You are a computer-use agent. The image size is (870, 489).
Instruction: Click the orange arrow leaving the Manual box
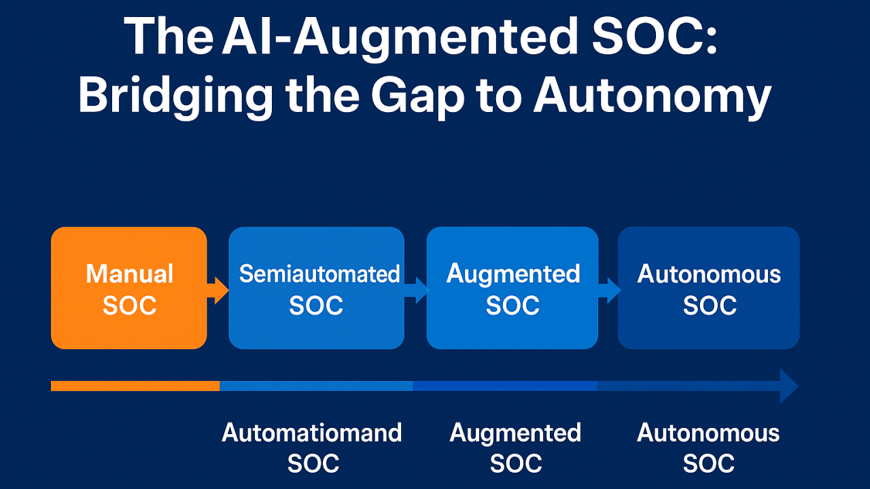coord(218,290)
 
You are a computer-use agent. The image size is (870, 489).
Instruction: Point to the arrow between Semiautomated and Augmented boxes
coord(416,290)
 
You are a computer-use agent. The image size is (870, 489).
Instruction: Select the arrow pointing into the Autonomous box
coord(609,290)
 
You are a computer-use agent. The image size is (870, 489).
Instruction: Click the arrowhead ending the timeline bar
coord(788,386)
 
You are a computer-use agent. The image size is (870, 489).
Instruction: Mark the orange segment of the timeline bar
coord(135,386)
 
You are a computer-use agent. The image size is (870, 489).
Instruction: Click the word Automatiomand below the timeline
coord(312,433)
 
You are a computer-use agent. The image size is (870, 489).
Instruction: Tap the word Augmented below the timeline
coord(515,433)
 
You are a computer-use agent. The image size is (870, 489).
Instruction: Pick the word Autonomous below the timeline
coord(708,433)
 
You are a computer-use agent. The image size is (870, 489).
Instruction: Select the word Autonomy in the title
coord(652,96)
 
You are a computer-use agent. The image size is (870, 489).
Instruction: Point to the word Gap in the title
coord(415,96)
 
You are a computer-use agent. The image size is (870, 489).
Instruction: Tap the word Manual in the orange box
coord(129,274)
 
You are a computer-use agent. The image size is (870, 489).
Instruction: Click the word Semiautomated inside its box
coord(319,274)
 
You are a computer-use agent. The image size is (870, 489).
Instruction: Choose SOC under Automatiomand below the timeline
coord(313,464)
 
